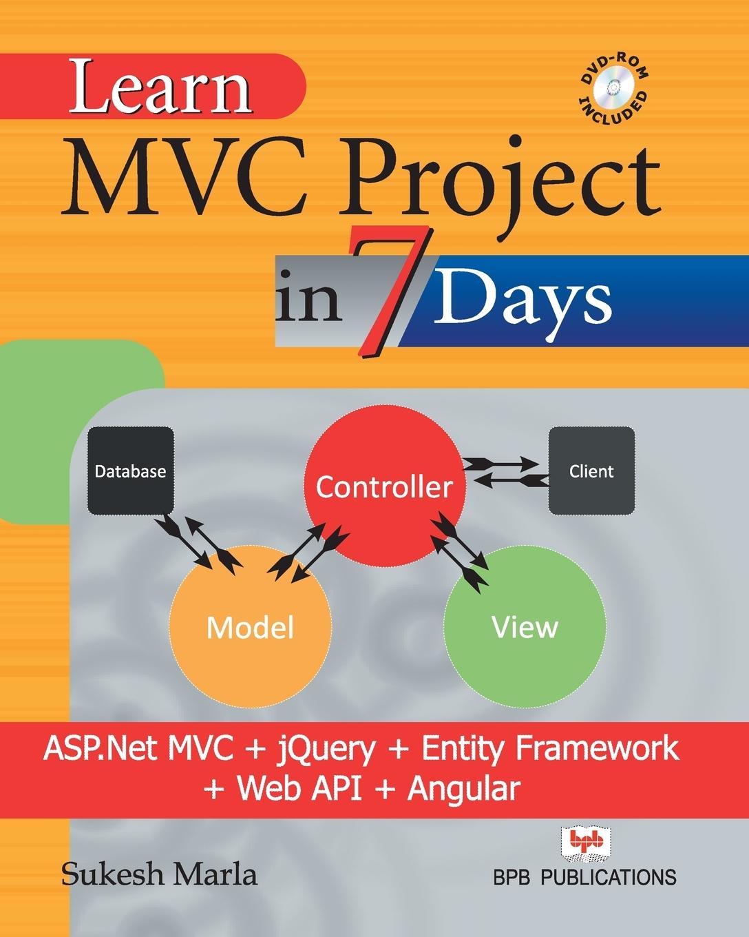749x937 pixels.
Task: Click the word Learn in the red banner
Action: click(160, 90)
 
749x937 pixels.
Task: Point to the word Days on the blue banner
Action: click(523, 299)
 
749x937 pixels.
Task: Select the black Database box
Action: click(130, 471)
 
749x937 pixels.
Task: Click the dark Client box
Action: click(591, 471)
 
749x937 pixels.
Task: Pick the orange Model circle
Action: click(251, 627)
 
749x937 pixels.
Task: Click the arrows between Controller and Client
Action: click(507, 471)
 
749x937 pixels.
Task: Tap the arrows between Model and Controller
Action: click(306, 548)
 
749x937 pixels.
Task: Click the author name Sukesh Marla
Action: click(159, 874)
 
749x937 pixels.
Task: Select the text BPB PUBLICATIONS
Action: click(584, 876)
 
